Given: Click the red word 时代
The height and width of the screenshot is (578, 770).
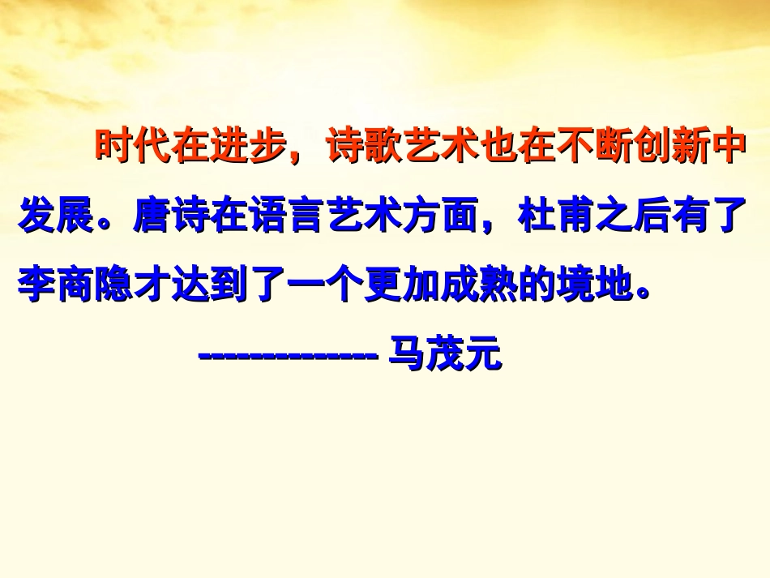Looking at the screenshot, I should click(135, 148).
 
